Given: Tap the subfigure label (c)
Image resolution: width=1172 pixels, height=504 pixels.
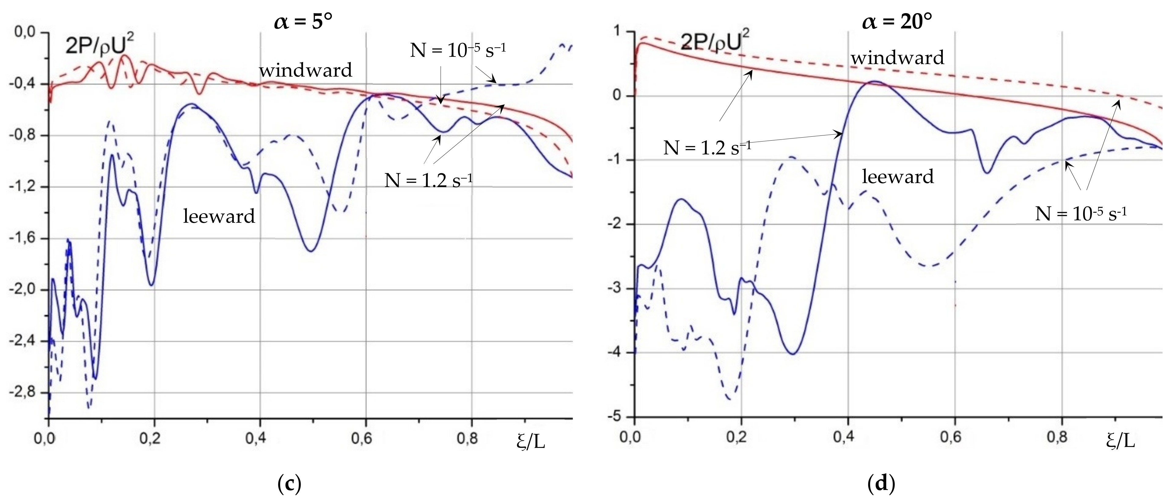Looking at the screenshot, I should tap(289, 484).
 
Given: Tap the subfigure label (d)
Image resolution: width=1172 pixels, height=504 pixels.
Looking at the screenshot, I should tap(881, 484).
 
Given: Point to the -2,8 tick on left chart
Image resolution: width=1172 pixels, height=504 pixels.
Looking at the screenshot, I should tap(24, 393).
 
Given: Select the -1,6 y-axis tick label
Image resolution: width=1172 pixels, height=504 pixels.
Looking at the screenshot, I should tap(24, 238).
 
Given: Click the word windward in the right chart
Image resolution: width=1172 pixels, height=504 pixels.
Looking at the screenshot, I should tap(897, 58).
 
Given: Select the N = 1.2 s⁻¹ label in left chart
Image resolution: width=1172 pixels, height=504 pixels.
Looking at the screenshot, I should tap(428, 180).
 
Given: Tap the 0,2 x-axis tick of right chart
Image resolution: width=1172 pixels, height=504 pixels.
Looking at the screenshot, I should tap(742, 437).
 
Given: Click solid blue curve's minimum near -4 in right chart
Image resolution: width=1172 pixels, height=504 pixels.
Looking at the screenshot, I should tap(793, 354).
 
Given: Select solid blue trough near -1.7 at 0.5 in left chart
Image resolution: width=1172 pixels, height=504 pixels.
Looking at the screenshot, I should tap(311, 251).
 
